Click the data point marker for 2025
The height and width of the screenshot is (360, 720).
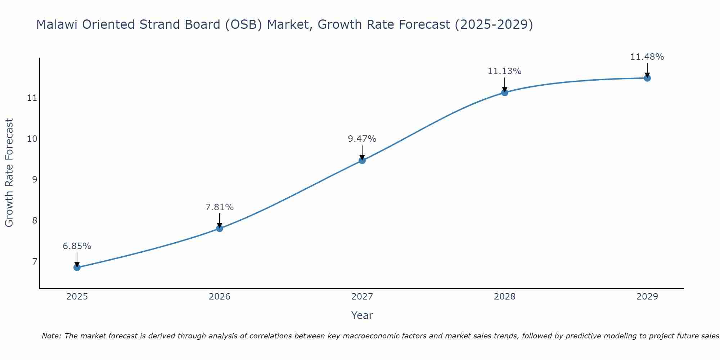pyautogui.click(x=77, y=267)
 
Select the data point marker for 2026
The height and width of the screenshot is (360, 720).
pyautogui.click(x=220, y=228)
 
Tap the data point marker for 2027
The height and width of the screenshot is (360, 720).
pyautogui.click(x=362, y=161)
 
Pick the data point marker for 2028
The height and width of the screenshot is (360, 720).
pyautogui.click(x=505, y=93)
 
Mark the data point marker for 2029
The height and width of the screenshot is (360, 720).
pyautogui.click(x=647, y=78)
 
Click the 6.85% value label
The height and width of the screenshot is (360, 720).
pyautogui.click(x=77, y=246)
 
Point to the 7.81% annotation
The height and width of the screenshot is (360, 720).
pyautogui.click(x=220, y=207)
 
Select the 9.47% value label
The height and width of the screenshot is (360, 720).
pyautogui.click(x=362, y=139)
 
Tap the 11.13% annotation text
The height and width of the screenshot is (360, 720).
pyautogui.click(x=505, y=71)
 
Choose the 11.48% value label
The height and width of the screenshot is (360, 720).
pyautogui.click(x=647, y=57)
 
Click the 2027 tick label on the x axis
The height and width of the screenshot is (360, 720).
pyautogui.click(x=362, y=297)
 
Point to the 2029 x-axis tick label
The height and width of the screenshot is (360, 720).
pyautogui.click(x=647, y=297)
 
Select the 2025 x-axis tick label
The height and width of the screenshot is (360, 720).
pyautogui.click(x=77, y=297)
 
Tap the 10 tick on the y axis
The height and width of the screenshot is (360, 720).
pyautogui.click(x=32, y=139)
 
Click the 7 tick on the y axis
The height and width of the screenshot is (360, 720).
pyautogui.click(x=35, y=261)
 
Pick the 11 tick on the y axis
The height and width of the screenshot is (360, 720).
pyautogui.click(x=32, y=98)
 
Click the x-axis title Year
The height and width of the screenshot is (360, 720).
pyautogui.click(x=362, y=315)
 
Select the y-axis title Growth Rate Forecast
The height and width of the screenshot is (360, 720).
pyautogui.click(x=9, y=173)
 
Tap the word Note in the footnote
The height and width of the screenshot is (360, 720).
pyautogui.click(x=51, y=336)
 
